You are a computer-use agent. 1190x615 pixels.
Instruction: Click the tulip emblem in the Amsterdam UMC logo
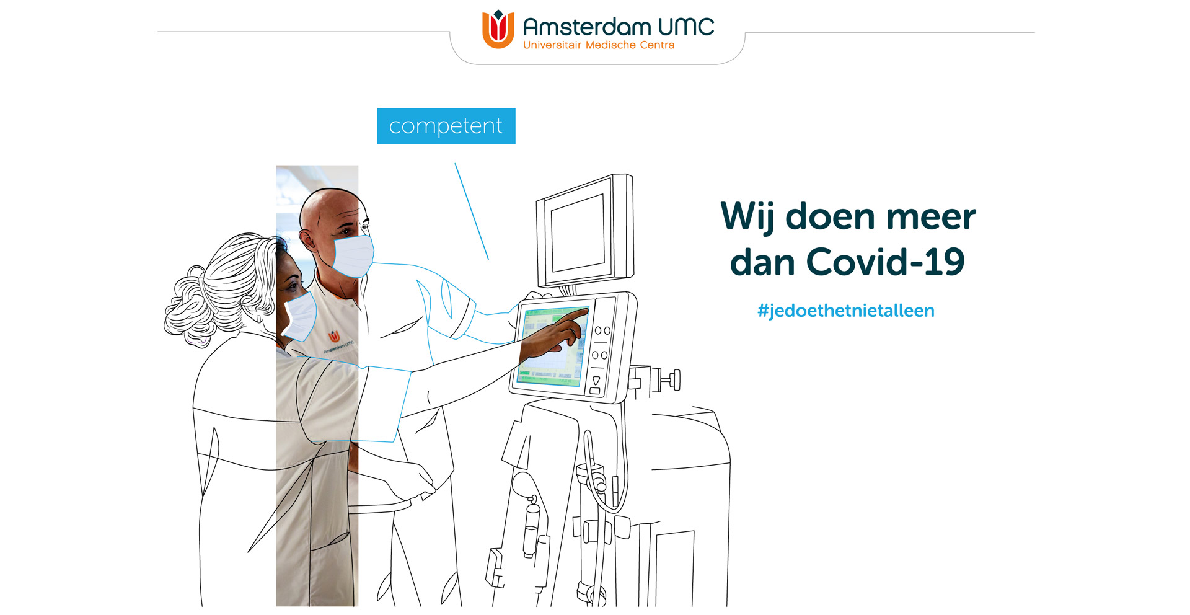pos(498,29)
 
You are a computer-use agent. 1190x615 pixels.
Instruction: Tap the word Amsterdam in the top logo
pos(587,27)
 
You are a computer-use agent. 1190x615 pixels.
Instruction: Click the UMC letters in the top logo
pos(686,27)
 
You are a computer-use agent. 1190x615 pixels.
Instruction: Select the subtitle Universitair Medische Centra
pos(599,45)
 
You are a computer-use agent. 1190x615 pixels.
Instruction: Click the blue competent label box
pos(446,126)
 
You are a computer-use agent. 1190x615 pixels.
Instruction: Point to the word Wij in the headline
pos(747,217)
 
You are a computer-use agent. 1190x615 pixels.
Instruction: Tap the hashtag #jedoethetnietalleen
pos(845,311)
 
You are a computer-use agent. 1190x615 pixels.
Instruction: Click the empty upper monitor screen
pos(578,232)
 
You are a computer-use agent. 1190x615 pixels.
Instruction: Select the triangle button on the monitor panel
pos(596,380)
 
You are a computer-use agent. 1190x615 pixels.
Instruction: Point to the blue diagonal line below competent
pos(472,211)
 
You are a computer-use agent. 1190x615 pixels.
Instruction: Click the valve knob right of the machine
pos(672,379)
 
